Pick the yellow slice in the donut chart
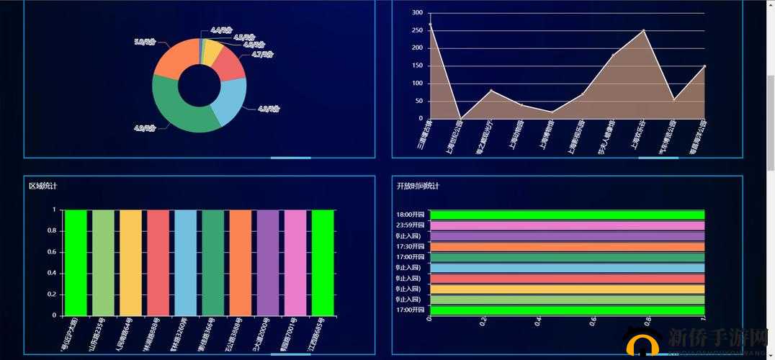[x=211, y=51]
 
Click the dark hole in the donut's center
[x=200, y=85]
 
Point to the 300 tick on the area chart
[x=417, y=13]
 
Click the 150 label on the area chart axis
[x=417, y=66]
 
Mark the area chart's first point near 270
[x=430, y=24]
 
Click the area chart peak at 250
[x=643, y=30]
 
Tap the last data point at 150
[x=704, y=66]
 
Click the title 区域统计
[x=43, y=186]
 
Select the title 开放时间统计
[x=418, y=186]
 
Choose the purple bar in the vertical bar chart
[x=267, y=262]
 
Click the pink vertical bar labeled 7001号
[x=295, y=262]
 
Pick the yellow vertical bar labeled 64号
[x=130, y=262]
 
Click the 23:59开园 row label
[x=410, y=225]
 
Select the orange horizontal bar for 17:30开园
[x=566, y=247]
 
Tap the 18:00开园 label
[x=410, y=215]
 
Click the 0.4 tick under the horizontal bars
[x=538, y=321]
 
